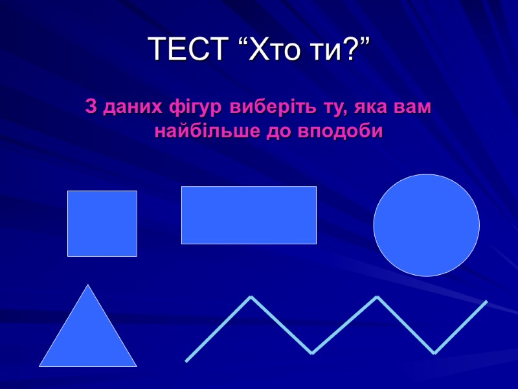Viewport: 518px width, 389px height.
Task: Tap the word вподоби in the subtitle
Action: click(341, 132)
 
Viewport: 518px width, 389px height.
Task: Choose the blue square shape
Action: click(102, 224)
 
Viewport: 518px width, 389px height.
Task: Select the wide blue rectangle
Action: click(249, 215)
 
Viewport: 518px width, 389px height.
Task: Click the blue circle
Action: click(427, 225)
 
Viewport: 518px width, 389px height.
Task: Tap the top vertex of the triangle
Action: click(88, 286)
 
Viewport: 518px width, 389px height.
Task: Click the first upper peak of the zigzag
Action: click(251, 297)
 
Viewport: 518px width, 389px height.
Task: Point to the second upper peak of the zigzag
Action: click(377, 297)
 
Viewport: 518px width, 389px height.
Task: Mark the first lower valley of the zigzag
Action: click(312, 353)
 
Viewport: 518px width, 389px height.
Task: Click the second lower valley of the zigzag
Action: click(434, 353)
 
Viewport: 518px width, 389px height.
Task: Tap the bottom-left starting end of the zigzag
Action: click(186, 360)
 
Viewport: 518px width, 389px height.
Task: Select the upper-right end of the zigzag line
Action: click(486, 301)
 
